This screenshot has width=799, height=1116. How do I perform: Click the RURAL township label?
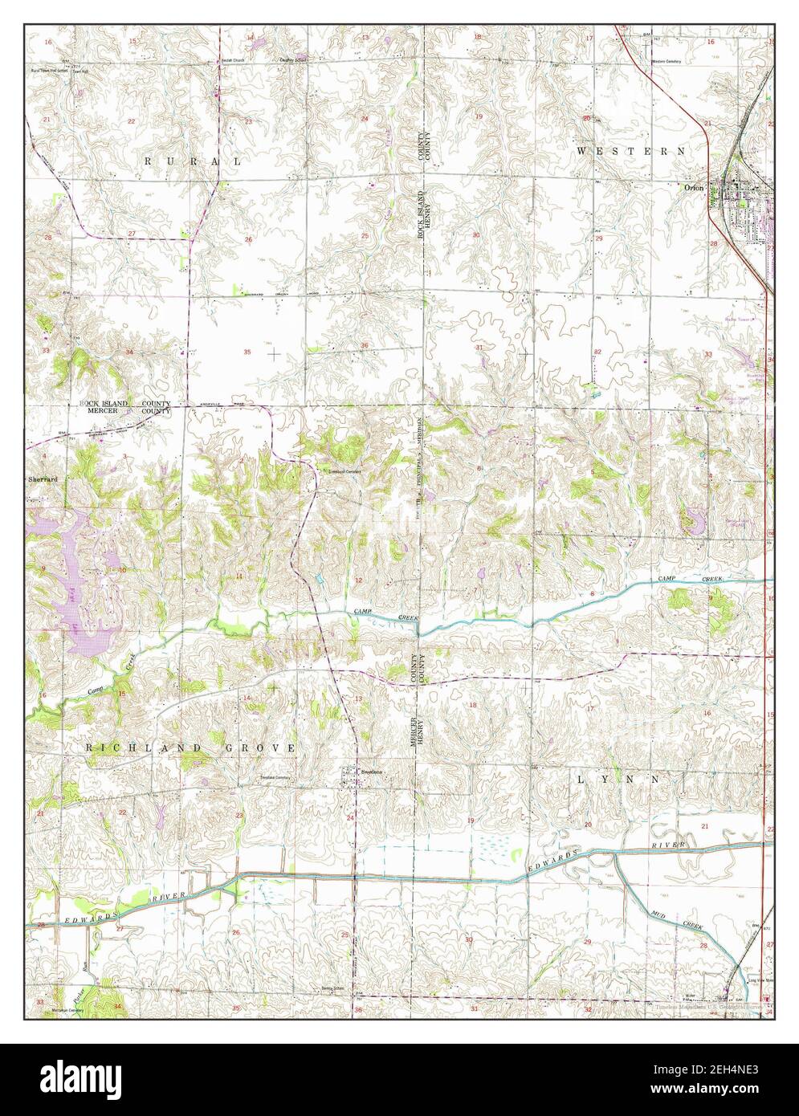(192, 161)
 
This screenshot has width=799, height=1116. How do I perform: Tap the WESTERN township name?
(631, 151)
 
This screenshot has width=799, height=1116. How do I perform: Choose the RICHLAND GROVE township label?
(191, 747)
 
